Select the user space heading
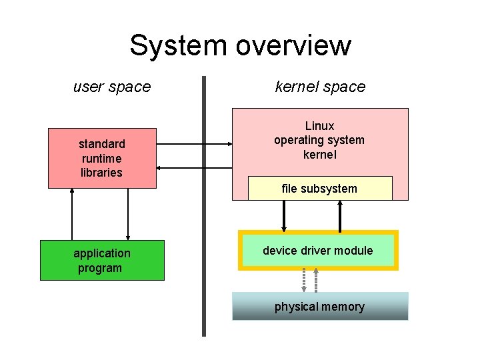[112, 87]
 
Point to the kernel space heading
[320, 87]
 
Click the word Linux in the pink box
[319, 126]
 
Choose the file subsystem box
[319, 189]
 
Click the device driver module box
[318, 251]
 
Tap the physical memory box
[319, 307]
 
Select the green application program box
[102, 261]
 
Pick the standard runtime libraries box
[102, 158]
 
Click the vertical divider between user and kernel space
[204, 207]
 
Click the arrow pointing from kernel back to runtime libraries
[193, 168]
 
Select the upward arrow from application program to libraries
[72, 214]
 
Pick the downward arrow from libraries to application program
[127, 214]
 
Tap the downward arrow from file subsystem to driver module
[284, 215]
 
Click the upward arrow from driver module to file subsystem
[340, 215]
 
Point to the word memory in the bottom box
[341, 307]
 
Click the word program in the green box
[100, 268]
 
